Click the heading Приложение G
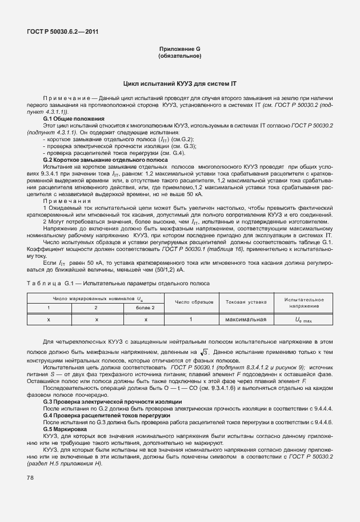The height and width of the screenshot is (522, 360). [x=179, y=49]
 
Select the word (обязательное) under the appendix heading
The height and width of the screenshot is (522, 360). [x=179, y=56]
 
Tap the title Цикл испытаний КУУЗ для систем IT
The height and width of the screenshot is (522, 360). [x=179, y=84]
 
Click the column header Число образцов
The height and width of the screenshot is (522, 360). [x=194, y=301]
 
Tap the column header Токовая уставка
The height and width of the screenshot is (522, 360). [x=246, y=301]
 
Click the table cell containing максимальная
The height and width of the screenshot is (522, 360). [x=246, y=319]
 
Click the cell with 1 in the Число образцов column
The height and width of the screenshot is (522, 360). [x=190, y=319]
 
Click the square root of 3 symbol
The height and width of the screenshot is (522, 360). [x=206, y=351]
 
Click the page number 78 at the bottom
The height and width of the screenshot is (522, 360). [x=30, y=477]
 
